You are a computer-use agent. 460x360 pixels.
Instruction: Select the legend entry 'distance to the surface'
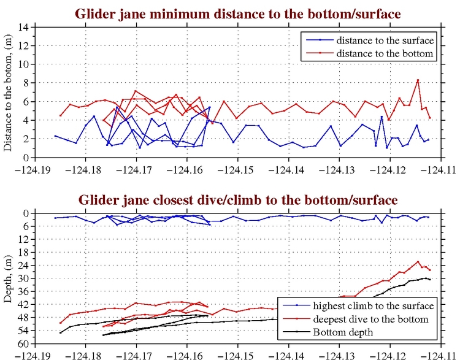click(384, 40)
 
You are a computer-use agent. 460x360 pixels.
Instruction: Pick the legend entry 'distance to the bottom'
click(384, 53)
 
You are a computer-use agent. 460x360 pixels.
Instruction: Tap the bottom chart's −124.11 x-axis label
click(442, 354)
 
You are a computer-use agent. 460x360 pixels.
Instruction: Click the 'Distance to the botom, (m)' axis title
click(8, 93)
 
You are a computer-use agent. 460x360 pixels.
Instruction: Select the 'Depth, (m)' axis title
click(8, 278)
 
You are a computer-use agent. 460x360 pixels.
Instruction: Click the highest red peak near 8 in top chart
click(418, 80)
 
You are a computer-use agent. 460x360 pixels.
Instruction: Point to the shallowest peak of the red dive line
click(418, 262)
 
